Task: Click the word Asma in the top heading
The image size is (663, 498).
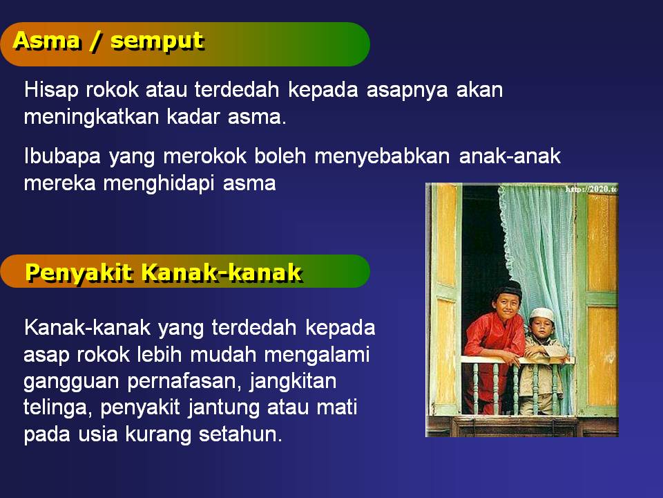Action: tap(46, 41)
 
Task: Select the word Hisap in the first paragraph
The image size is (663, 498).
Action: tap(51, 90)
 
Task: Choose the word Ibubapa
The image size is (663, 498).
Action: tap(62, 156)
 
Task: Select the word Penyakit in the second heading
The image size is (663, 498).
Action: tap(79, 273)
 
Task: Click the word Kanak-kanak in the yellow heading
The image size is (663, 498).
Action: tap(221, 273)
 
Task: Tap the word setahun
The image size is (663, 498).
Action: tap(240, 434)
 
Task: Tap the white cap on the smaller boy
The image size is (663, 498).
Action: tap(541, 314)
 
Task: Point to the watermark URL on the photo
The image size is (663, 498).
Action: tap(591, 189)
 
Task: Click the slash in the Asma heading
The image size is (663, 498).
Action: tap(95, 41)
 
